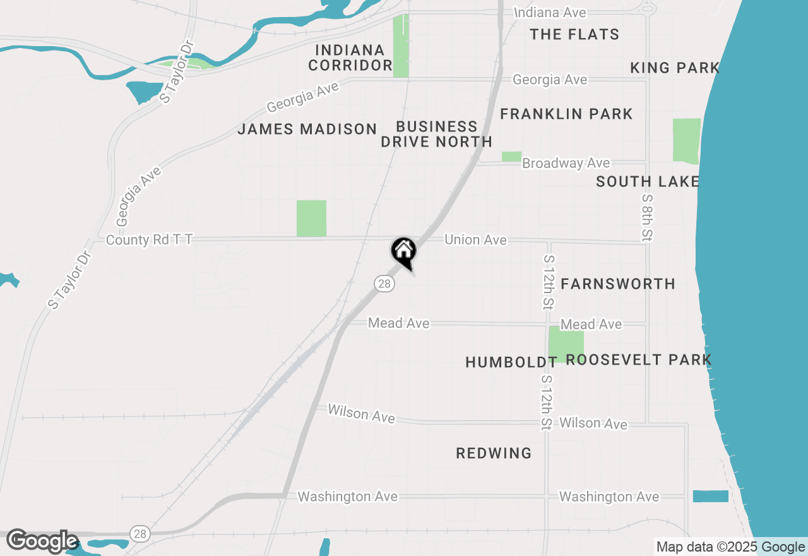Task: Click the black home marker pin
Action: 403,252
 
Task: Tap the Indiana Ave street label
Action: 550,13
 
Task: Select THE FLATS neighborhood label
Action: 574,34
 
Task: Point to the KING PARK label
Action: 675,68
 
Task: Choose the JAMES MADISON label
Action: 307,130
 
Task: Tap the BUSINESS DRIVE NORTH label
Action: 436,134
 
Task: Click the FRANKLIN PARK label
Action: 566,114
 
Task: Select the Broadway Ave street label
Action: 566,163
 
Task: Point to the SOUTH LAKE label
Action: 648,182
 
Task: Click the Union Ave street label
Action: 475,240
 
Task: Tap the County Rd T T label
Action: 149,240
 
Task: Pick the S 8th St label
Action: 646,217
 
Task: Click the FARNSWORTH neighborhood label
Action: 618,284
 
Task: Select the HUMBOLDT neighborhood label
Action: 511,362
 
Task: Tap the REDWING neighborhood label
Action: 494,453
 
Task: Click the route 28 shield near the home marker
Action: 384,284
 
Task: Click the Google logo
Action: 42,541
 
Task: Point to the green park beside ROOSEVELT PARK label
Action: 565,344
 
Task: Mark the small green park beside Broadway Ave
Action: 511,156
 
